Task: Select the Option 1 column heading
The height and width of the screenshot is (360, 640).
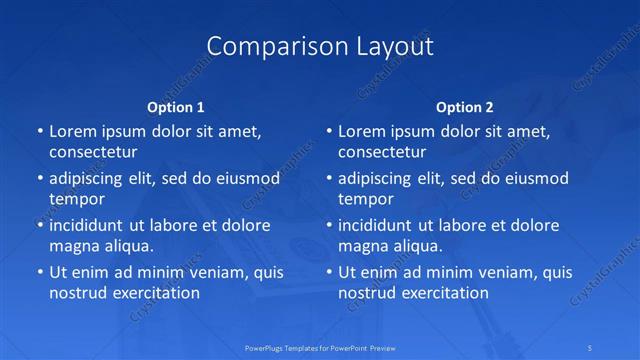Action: click(x=176, y=107)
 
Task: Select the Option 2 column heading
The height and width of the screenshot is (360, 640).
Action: click(x=465, y=107)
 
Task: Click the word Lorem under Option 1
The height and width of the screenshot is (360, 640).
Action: click(x=72, y=131)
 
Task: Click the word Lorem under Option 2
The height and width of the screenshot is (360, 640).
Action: click(x=361, y=131)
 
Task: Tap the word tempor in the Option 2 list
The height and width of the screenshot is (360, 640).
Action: click(x=365, y=199)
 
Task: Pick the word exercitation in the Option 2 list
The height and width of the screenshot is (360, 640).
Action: click(x=443, y=293)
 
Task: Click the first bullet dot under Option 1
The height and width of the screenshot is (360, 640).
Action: click(x=40, y=131)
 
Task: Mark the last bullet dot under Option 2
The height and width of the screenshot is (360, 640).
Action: click(x=329, y=272)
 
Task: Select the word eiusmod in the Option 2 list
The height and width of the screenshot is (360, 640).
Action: click(x=537, y=178)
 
